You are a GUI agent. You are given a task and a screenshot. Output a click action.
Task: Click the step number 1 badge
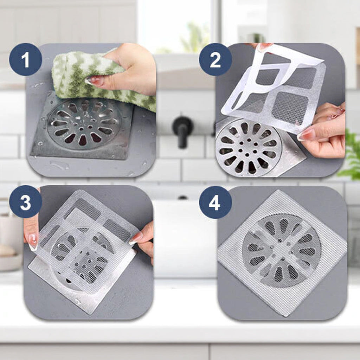click(x=25, y=59)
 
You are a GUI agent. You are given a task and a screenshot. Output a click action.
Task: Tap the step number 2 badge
click(x=216, y=59)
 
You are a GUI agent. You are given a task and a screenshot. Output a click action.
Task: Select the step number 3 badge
click(x=25, y=201)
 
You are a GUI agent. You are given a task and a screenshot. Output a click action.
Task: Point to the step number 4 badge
click(x=216, y=202)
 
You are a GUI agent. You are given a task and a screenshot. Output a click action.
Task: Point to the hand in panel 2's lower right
click(x=324, y=131)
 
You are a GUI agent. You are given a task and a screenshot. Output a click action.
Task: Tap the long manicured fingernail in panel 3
click(x=33, y=242)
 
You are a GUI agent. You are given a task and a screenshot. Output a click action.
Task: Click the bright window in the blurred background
click(x=177, y=25)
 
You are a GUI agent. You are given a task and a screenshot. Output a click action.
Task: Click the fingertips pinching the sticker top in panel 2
click(x=264, y=47)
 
